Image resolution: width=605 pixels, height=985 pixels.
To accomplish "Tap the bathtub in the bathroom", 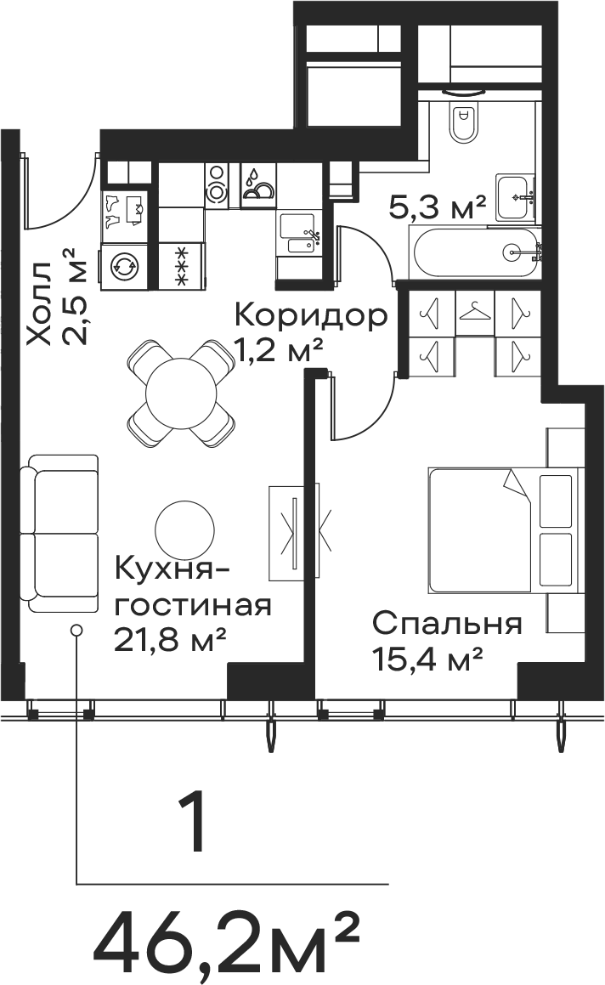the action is tap(474, 252).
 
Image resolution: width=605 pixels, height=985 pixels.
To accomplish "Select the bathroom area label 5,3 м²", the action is tap(438, 207).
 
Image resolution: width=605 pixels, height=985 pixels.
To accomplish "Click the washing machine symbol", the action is tap(123, 267).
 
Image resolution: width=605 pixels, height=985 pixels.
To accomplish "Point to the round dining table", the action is tap(181, 393).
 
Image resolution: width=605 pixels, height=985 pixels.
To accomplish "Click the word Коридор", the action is tap(311, 317).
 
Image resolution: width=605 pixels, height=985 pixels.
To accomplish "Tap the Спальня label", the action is tap(447, 626).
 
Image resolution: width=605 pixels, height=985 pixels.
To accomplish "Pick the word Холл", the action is tap(40, 304).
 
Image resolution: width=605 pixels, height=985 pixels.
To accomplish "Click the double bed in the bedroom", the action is tap(502, 530).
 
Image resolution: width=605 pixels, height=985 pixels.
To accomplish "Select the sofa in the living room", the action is tap(59, 534).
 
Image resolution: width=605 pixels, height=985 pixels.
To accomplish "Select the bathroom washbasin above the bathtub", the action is tap(515, 197).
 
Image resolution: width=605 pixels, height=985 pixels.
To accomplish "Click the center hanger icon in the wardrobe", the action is tap(475, 310).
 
